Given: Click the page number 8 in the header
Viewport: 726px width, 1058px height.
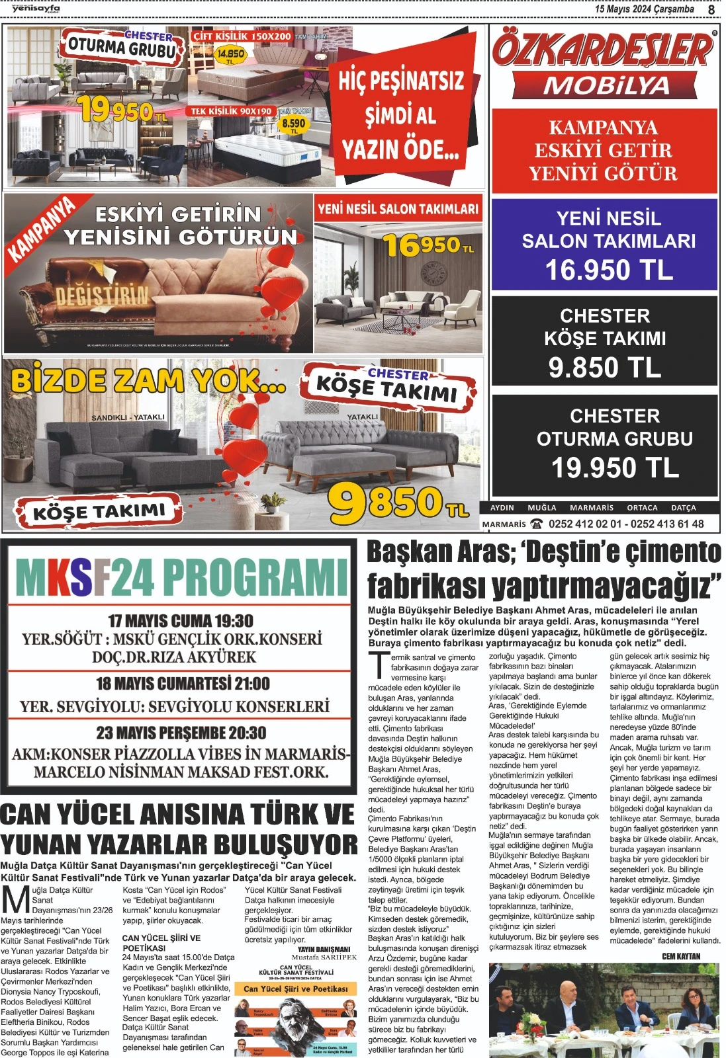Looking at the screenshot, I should (711, 10).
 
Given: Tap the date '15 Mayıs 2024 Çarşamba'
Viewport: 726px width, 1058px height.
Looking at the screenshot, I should (644, 9).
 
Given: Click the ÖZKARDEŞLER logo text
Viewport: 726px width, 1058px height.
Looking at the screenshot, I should (603, 52).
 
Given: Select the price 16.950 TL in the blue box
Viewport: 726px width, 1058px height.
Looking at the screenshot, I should (608, 270).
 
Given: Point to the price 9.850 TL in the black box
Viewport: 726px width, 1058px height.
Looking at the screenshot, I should (604, 368).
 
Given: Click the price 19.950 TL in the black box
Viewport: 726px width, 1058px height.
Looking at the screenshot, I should (615, 468).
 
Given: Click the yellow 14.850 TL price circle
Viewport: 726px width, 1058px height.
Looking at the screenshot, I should (230, 56).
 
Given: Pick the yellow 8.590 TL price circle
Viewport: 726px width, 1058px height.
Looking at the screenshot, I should (293, 124).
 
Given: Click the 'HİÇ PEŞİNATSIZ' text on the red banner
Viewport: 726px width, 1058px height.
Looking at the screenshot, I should (401, 81).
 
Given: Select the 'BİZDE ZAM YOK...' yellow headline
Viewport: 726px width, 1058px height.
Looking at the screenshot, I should (148, 382).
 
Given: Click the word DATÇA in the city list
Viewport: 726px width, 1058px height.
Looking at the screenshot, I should (683, 508).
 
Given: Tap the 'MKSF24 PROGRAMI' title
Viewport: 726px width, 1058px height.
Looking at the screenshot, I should (181, 577).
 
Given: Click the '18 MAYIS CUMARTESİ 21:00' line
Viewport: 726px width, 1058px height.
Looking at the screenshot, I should (183, 683).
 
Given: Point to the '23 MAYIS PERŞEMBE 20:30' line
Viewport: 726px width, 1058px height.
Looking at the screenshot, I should (181, 733).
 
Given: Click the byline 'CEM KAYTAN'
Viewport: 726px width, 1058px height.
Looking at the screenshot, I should (680, 956).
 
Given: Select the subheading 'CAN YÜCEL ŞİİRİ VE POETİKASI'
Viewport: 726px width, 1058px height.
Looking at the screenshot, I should (161, 942).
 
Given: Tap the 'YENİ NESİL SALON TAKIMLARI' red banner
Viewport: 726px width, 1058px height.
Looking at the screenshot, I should (398, 210).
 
